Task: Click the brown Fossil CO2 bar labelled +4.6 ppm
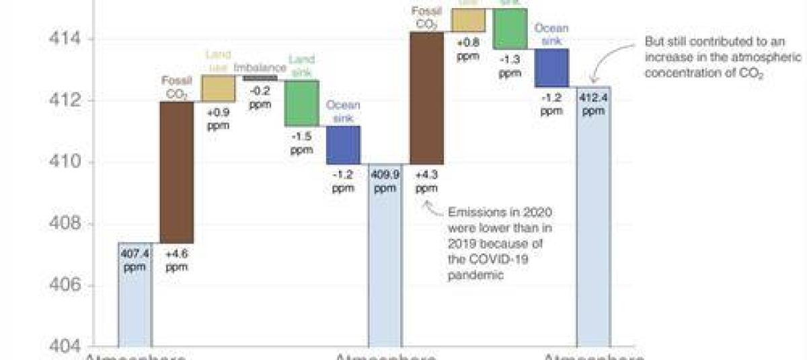176,172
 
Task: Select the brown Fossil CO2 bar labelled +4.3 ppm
426,98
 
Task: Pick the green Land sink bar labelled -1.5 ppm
301,103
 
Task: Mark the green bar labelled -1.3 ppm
510,28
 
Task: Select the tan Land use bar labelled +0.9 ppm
218,88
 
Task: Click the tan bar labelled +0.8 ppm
468,20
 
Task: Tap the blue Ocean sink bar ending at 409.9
343,145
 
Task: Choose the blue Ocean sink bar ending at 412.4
551,67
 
